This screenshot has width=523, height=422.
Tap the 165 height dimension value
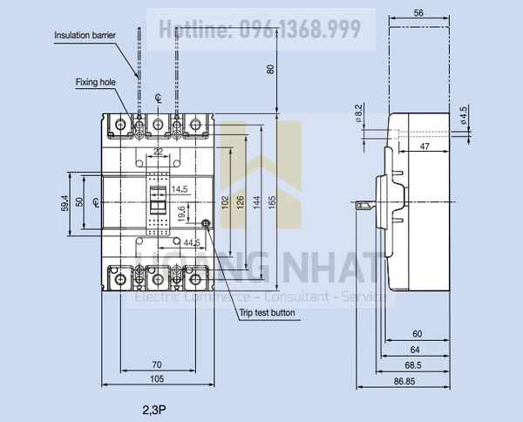[x=272, y=201]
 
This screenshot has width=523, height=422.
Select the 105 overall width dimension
[x=157, y=379]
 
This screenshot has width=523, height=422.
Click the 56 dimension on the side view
[x=418, y=12]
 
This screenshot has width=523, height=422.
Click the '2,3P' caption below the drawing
[x=155, y=408]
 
